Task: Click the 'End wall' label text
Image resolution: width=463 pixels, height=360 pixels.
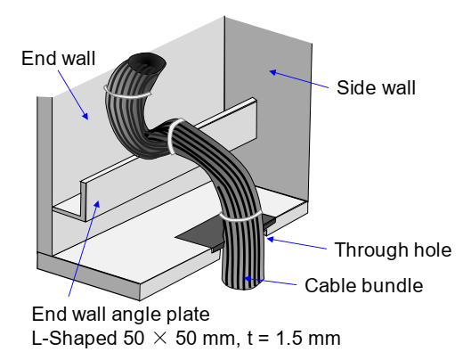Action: (x=59, y=58)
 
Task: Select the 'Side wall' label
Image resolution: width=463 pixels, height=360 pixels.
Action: (x=376, y=87)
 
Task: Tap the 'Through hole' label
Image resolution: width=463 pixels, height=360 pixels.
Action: (x=393, y=250)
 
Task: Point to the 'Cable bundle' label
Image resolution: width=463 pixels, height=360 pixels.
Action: (x=364, y=285)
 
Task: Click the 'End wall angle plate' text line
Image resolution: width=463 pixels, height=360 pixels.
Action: (x=120, y=315)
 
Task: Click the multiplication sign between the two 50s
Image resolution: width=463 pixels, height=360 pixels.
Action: (x=160, y=339)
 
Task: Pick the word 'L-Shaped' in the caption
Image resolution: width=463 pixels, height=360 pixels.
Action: (x=74, y=339)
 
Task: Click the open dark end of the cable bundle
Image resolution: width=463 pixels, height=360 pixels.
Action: (x=147, y=63)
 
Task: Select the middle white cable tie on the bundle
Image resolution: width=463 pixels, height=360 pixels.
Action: (x=173, y=136)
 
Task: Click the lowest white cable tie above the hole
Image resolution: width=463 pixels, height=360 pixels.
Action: (x=241, y=217)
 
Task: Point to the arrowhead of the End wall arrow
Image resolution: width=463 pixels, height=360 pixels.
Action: (x=85, y=116)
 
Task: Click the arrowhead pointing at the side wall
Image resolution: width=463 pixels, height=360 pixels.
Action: (x=273, y=72)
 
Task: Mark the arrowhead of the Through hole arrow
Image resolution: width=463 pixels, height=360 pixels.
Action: (x=271, y=239)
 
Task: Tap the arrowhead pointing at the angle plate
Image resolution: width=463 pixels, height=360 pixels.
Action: (x=97, y=204)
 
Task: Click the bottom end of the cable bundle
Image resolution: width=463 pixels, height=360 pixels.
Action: (x=243, y=284)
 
